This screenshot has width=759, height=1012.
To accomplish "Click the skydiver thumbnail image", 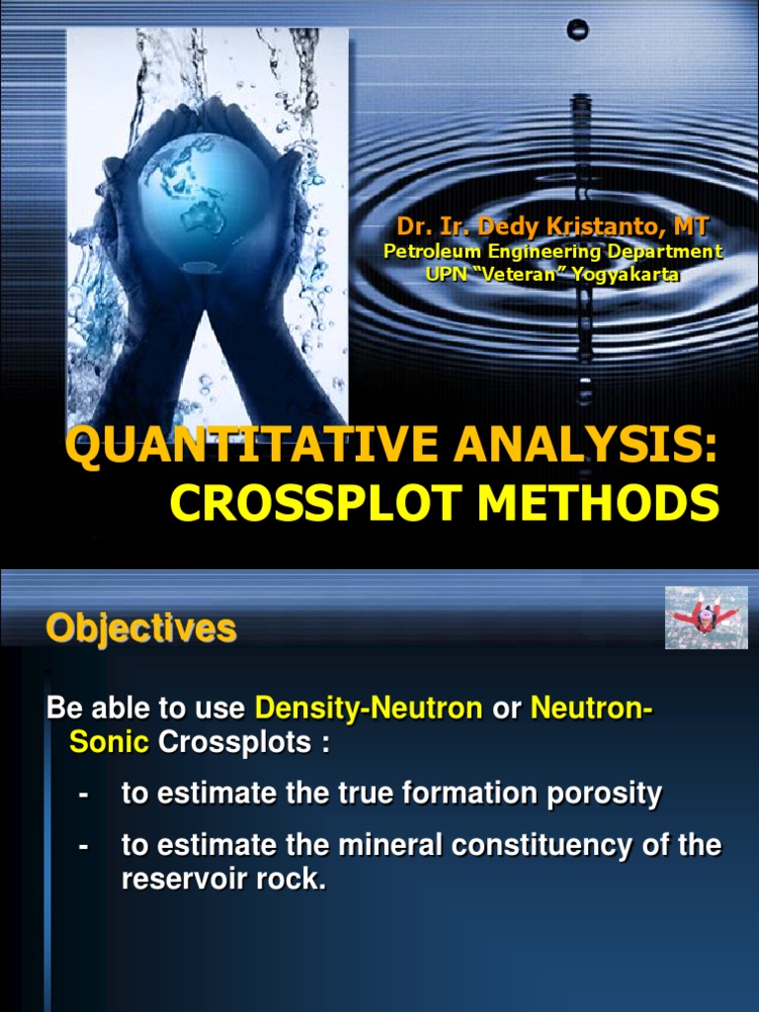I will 706,618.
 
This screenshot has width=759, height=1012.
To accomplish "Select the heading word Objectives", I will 141,629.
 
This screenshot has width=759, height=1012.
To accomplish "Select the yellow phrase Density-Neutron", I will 369,708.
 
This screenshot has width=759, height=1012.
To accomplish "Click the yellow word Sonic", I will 109,742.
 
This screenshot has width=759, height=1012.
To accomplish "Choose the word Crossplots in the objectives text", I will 234,742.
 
